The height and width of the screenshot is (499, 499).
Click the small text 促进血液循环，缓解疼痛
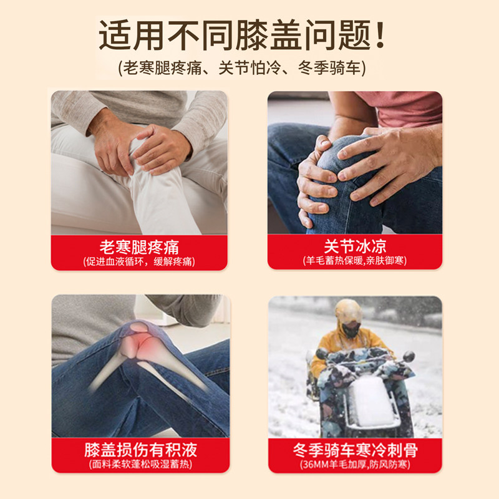tap(138, 261)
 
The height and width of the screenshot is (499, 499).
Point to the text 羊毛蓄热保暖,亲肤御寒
tap(355, 261)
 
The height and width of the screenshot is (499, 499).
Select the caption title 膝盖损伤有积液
tap(138, 450)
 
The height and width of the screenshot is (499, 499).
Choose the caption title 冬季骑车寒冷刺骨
tap(355, 450)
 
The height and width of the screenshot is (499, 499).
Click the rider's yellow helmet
tap(348, 311)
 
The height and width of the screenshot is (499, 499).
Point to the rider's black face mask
tap(351, 329)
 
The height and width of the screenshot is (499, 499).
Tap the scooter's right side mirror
tap(409, 356)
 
